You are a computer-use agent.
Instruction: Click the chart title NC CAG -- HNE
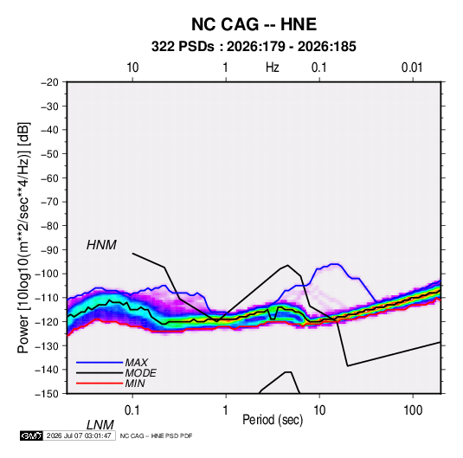pyautogui.click(x=254, y=24)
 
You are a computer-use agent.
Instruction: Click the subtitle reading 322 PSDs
pyautogui.click(x=183, y=47)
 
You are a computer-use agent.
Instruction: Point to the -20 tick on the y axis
pyautogui.click(x=49, y=82)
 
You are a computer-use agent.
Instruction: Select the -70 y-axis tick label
pyautogui.click(x=49, y=202)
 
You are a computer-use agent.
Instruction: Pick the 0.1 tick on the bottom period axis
pyautogui.click(x=132, y=410)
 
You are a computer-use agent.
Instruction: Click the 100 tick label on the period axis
pyautogui.click(x=413, y=410)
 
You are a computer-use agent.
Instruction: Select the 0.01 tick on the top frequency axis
pyautogui.click(x=412, y=68)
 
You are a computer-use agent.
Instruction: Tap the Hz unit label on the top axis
pyautogui.click(x=273, y=68)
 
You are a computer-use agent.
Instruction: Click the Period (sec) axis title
pyautogui.click(x=273, y=420)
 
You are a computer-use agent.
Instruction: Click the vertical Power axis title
pyautogui.click(x=23, y=238)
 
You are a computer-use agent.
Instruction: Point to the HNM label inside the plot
pyautogui.click(x=101, y=245)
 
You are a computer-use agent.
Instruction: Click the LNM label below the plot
pyautogui.click(x=100, y=425)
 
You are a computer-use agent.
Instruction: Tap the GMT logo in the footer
pyautogui.click(x=31, y=435)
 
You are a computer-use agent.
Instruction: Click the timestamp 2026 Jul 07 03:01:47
pyautogui.click(x=79, y=435)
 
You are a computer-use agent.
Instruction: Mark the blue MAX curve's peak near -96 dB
pyautogui.click(x=335, y=264)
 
